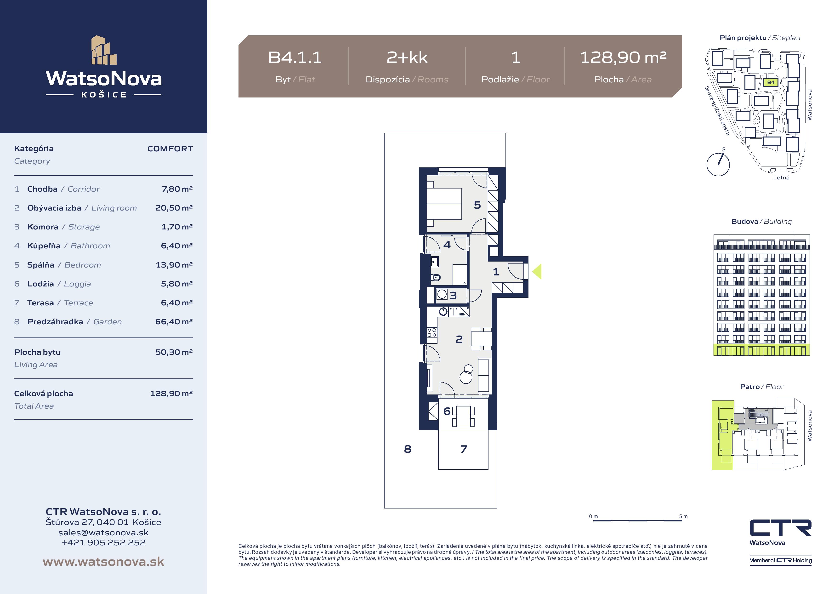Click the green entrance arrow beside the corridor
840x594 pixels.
(537, 272)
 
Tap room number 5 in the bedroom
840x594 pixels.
(477, 205)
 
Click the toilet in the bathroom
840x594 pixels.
(436, 277)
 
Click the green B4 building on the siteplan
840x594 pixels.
(771, 82)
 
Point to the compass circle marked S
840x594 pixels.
(718, 164)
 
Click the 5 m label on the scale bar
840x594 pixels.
(683, 516)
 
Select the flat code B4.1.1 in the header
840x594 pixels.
(295, 57)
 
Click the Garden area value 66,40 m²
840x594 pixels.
(174, 322)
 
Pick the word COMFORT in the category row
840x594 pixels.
(170, 148)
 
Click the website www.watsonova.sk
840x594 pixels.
(103, 562)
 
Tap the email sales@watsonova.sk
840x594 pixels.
(103, 532)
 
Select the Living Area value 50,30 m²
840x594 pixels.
(174, 352)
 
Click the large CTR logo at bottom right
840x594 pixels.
(780, 528)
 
